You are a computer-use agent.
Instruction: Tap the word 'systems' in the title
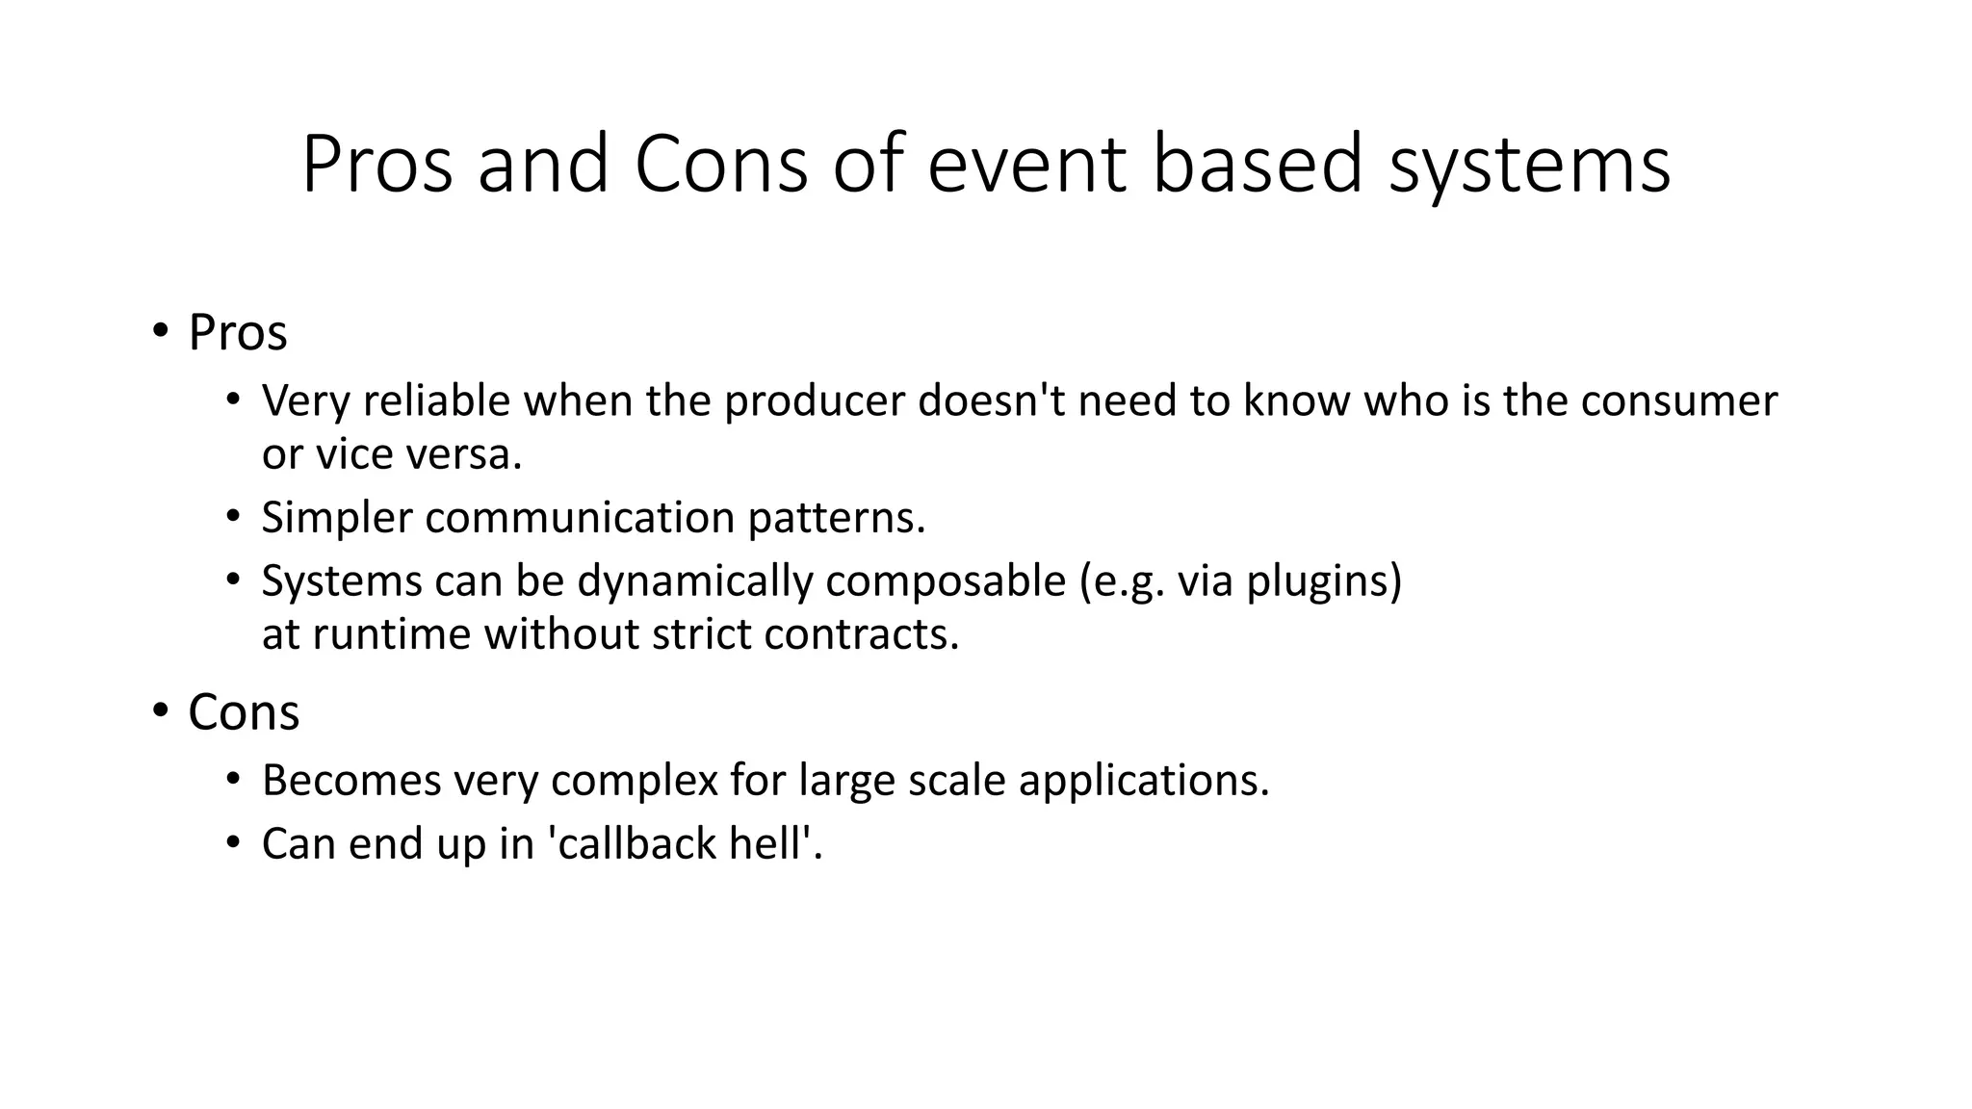coord(1529,166)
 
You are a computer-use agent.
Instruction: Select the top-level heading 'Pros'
coord(237,333)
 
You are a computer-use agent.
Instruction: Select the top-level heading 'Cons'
coord(244,713)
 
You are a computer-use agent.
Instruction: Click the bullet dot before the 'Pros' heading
coord(160,332)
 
